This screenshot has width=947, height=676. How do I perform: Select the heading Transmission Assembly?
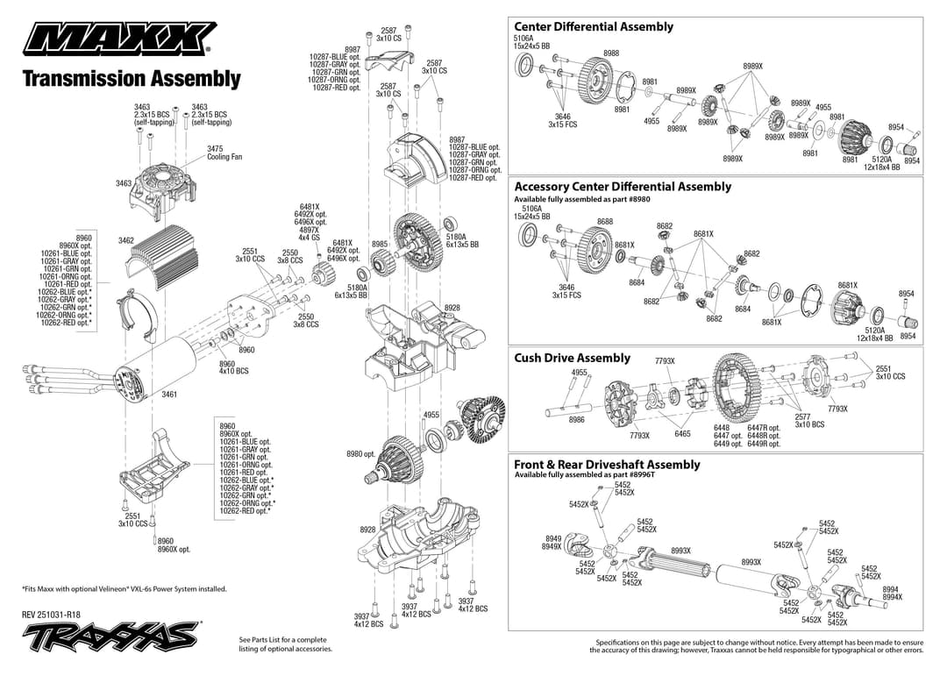131,79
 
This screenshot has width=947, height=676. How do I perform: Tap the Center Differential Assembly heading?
594,26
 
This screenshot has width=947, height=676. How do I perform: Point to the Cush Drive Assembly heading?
572,358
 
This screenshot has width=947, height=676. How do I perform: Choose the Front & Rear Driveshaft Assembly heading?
607,465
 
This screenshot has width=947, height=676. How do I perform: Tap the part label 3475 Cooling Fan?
224,153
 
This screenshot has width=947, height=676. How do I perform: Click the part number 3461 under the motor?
169,395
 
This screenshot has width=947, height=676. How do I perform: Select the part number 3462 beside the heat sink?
126,240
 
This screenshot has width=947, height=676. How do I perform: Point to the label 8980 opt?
360,454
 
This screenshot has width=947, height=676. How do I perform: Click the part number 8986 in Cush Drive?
576,420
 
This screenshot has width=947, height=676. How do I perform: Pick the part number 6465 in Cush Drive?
682,434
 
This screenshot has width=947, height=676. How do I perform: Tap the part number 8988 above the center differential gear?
611,53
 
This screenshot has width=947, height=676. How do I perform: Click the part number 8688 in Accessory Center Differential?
605,221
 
